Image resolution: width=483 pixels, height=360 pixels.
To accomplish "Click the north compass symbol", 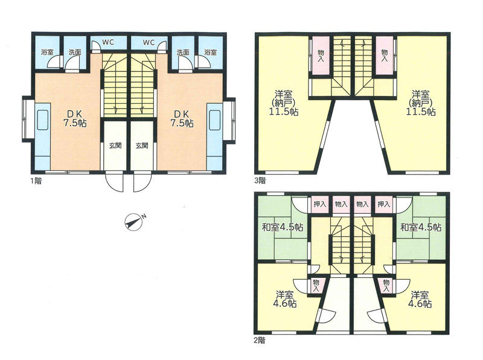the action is [134, 221].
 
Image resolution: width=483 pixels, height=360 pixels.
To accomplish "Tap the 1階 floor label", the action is [36, 181].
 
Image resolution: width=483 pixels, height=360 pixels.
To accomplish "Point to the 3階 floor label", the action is [260, 181].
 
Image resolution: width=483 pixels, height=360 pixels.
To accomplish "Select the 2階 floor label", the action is [260, 341].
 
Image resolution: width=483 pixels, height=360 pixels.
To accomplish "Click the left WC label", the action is [108, 42].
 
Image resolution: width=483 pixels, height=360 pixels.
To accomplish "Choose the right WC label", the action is [149, 42].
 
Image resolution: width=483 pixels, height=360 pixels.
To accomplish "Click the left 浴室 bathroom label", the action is [48, 52].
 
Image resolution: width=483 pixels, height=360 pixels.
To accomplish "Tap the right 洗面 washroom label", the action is [183, 52].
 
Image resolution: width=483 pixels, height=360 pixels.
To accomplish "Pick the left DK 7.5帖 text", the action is [75, 118].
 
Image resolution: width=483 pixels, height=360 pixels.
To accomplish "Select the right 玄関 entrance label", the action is [142, 145].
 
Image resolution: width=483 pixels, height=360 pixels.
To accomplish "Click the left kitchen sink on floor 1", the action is [42, 120].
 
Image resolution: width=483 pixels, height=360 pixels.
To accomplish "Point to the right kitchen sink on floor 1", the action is [215, 120].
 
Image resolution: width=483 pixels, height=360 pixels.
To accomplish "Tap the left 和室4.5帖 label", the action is [283, 228].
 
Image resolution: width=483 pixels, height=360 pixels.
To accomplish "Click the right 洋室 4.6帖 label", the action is [420, 299].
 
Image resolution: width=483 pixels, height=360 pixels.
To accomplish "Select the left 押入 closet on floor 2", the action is [320, 204].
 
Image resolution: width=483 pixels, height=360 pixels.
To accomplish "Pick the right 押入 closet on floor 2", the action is [384, 204].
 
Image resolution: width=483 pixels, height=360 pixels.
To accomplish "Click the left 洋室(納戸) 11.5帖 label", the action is [283, 103].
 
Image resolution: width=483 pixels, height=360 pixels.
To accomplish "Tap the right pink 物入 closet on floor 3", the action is [385, 56].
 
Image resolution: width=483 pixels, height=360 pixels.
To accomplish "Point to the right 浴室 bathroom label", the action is [211, 52].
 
